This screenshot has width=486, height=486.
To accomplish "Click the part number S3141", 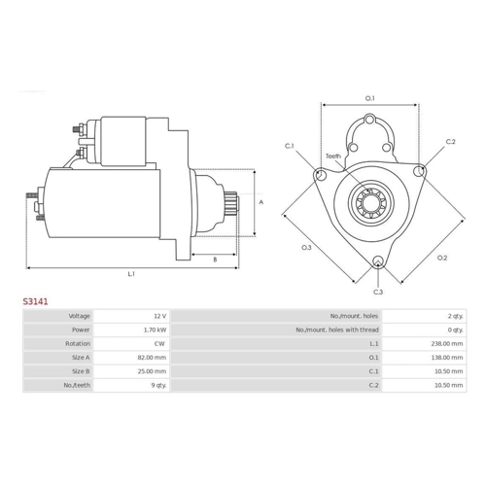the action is pyautogui.click(x=35, y=301).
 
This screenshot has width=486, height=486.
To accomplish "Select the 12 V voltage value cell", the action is pyautogui.click(x=160, y=316).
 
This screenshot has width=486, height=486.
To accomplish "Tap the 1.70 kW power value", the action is pyautogui.click(x=156, y=330).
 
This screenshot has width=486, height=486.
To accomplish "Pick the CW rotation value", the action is pyautogui.click(x=159, y=344).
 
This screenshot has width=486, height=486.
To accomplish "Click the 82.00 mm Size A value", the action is pyautogui.click(x=152, y=358).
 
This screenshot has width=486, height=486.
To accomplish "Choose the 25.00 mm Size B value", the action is pyautogui.click(x=152, y=371).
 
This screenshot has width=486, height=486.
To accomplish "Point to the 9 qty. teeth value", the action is pyautogui.click(x=158, y=385).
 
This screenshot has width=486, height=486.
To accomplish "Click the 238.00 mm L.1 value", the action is pyautogui.click(x=447, y=344).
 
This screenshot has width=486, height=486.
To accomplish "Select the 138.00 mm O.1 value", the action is pyautogui.click(x=447, y=358).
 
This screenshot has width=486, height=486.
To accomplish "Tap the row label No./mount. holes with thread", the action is pyautogui.click(x=337, y=330).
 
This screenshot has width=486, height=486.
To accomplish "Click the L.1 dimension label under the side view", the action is pyautogui.click(x=131, y=274).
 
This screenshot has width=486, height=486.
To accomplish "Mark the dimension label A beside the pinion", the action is pyautogui.click(x=261, y=202).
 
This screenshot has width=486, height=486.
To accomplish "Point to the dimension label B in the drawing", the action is pyautogui.click(x=215, y=260).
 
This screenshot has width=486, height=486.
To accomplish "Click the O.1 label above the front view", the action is pyautogui.click(x=369, y=98).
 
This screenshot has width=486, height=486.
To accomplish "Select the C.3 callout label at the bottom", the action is pyautogui.click(x=378, y=292).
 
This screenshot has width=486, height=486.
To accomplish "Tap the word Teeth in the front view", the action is pyautogui.click(x=333, y=156).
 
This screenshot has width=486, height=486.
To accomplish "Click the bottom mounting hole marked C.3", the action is pyautogui.click(x=378, y=261).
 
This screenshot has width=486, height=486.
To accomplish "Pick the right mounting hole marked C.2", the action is pyautogui.click(x=419, y=171).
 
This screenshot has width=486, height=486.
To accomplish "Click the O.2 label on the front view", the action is pyautogui.click(x=442, y=258).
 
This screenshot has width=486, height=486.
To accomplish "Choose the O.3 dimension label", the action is pyautogui.click(x=306, y=248).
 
